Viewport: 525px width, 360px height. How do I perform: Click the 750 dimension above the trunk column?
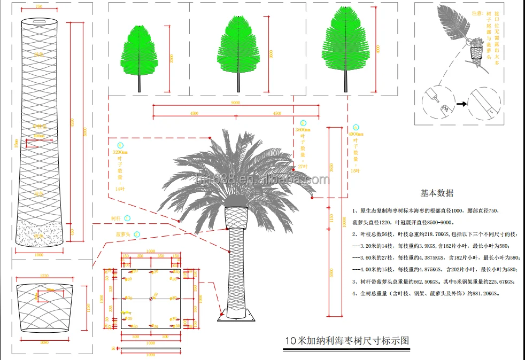pos(39,6)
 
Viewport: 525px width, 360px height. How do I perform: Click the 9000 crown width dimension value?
pos(236,102)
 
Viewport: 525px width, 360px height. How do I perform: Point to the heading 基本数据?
pos(437,193)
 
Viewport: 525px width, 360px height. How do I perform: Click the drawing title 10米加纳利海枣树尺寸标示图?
pos(347,340)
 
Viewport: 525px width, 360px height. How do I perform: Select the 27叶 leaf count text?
pos(303,167)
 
